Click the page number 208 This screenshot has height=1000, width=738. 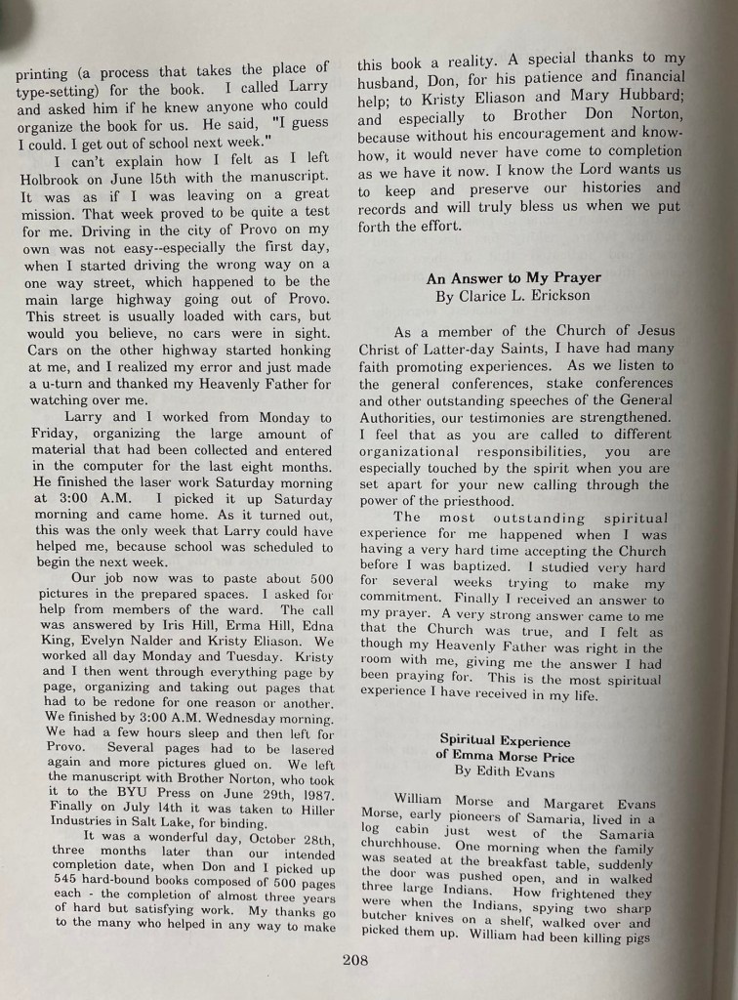[x=354, y=960]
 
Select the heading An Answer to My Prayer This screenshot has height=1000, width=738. [x=513, y=278]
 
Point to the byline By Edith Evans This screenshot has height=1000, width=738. [x=503, y=771]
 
